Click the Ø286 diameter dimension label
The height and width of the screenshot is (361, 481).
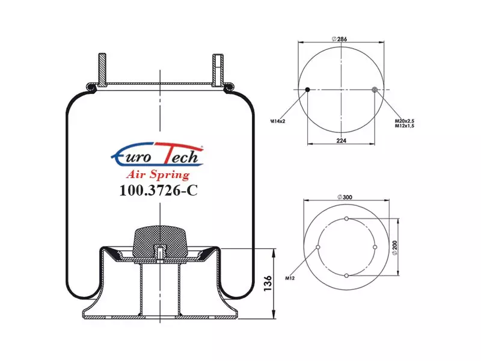339,39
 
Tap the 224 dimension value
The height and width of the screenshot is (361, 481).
341,141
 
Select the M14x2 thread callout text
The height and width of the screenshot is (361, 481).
278,122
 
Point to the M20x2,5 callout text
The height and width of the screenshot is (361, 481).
404,122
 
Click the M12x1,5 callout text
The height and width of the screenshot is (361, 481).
404,126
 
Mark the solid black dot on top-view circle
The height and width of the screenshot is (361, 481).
307,90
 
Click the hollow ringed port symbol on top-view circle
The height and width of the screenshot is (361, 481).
375,90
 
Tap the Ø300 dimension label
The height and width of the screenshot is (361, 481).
345,197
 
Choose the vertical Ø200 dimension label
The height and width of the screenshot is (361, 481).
395,247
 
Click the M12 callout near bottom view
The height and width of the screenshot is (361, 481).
290,279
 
